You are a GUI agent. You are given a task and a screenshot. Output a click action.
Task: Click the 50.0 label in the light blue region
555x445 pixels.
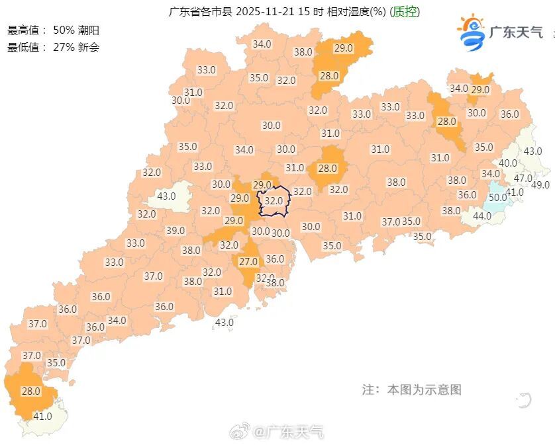[497, 196]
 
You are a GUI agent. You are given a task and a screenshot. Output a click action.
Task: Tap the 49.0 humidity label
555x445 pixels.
[540, 184]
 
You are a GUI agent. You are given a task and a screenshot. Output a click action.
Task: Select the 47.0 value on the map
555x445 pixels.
[523, 178]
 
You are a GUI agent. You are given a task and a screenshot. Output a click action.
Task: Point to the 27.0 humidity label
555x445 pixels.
[248, 262]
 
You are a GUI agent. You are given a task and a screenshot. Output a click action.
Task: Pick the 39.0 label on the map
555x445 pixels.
[175, 230]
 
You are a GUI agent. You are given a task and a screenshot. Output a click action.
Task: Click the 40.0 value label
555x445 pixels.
[508, 163]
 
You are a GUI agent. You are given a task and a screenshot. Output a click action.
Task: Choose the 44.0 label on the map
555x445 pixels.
[481, 216]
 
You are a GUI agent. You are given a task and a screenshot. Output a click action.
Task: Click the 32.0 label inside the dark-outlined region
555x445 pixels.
[274, 200]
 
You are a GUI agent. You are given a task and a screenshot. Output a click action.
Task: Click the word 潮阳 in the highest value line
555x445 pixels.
[89, 30]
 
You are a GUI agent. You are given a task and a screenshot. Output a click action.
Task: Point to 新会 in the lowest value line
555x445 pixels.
[89, 47]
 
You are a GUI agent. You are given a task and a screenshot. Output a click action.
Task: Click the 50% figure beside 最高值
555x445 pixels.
[64, 30]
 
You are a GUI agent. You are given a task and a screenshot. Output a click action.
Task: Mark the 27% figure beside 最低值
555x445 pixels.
[64, 47]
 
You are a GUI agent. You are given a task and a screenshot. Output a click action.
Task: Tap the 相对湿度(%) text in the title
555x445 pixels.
[356, 12]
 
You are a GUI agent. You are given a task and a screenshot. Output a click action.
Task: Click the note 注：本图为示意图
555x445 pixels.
[411, 389]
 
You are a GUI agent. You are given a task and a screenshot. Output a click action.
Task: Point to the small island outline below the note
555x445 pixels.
[524, 399]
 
